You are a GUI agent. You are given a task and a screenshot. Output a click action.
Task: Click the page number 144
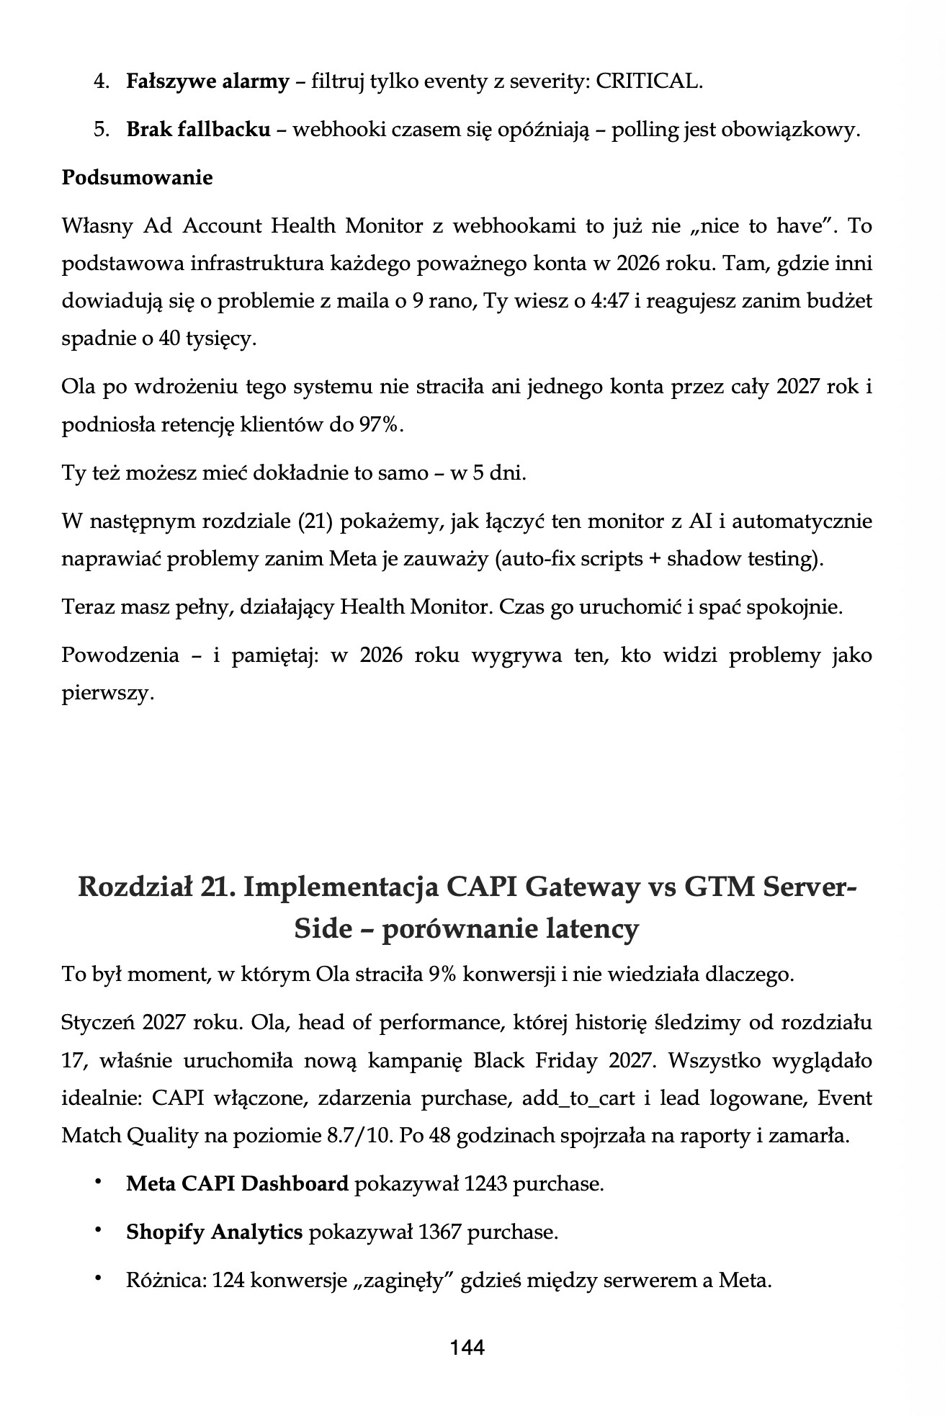point(467,1347)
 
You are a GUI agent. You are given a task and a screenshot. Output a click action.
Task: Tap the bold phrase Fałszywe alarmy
point(207,81)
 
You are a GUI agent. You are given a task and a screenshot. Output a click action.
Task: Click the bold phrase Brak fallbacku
point(198,130)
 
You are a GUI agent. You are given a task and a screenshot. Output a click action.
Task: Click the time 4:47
point(609,300)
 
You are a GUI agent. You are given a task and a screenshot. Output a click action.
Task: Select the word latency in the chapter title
point(581,929)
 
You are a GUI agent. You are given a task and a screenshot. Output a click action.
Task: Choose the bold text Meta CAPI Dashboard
point(237,1183)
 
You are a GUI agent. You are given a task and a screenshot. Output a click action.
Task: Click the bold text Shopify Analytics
point(214,1232)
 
